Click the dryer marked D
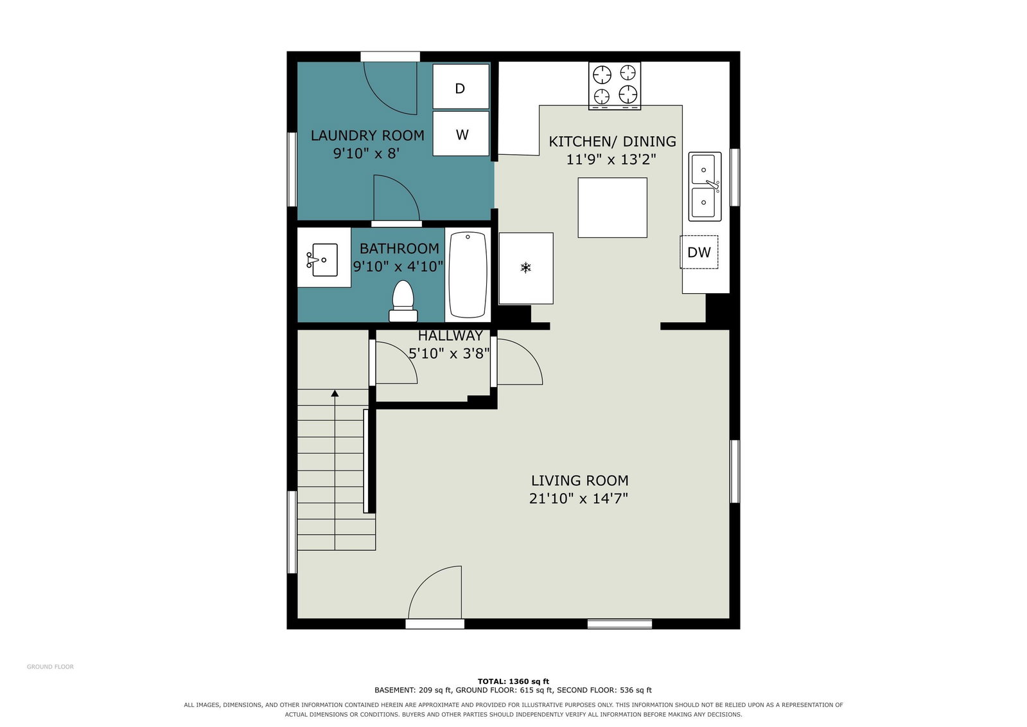coord(461,87)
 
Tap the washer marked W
coord(461,134)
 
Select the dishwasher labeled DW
coord(699,252)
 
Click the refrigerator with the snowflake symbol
coord(526,268)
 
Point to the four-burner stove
coord(615,86)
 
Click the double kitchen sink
coord(705,186)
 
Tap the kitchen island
coord(612,208)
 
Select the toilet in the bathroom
coord(403,301)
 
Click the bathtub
coord(468,274)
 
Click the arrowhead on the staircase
coord(335,393)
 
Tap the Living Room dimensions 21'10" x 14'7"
coord(579,498)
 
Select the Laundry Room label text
coord(367,136)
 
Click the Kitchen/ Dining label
coord(613,141)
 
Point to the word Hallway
coord(450,336)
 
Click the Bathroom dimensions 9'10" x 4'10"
coord(398,266)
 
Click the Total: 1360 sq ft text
coord(513,681)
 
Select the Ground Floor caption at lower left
coord(50,667)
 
